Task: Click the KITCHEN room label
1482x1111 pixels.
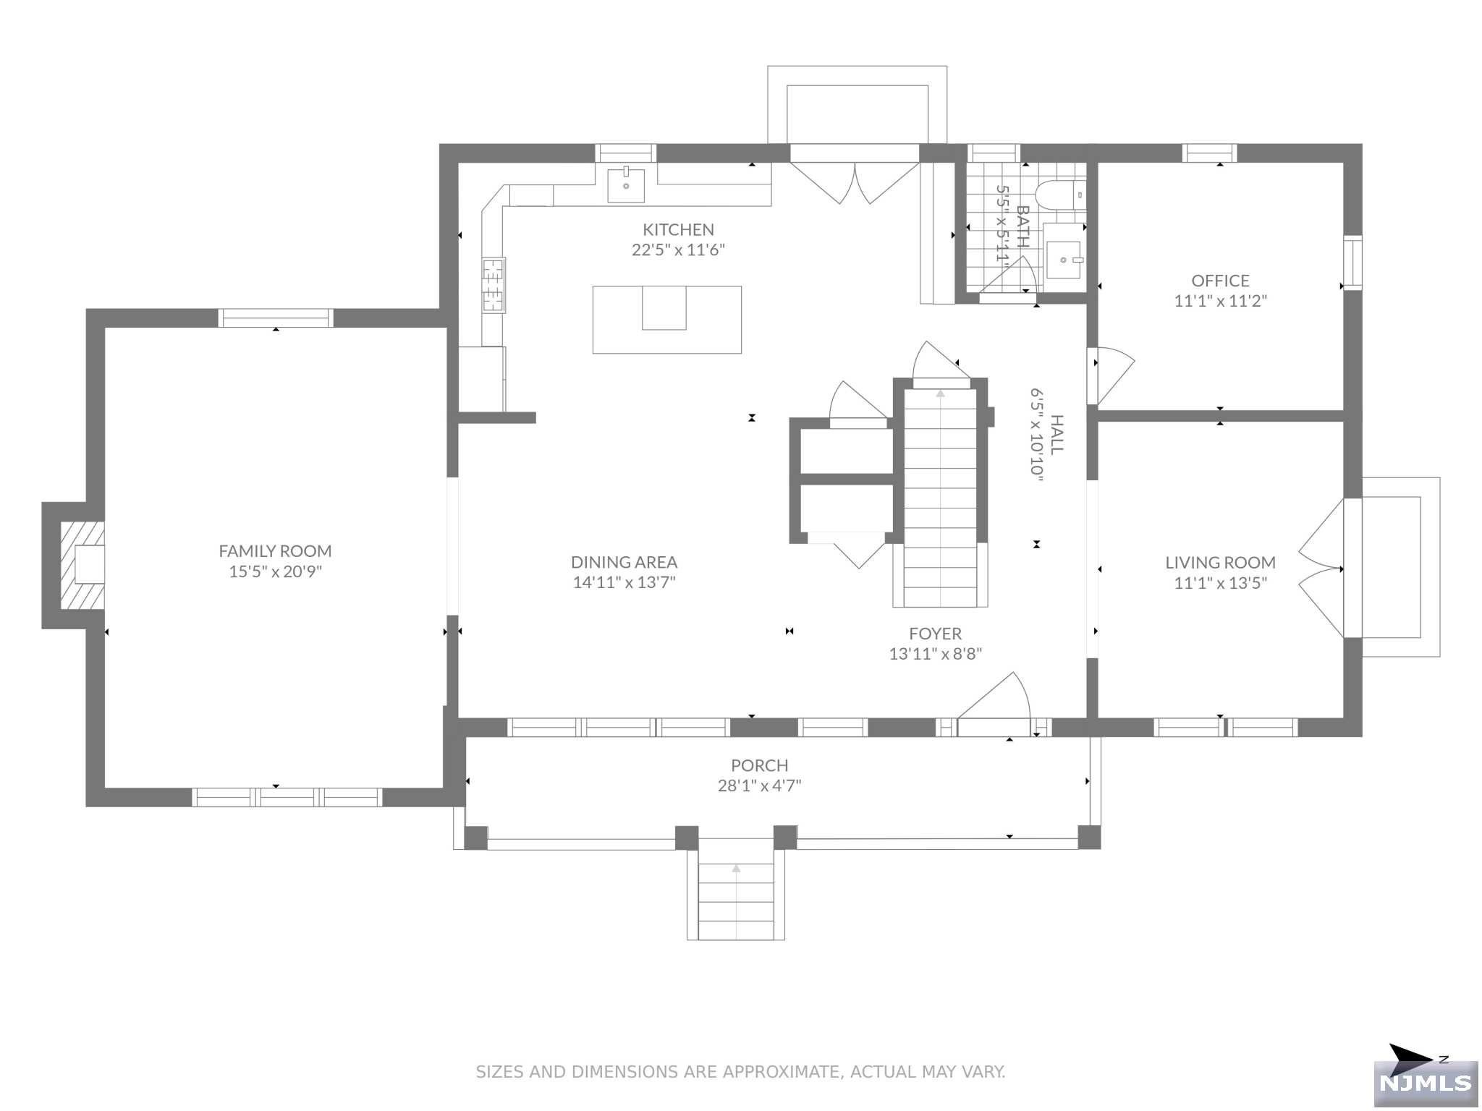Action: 678,230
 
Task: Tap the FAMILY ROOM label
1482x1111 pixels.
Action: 275,551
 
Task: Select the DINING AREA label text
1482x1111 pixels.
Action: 624,562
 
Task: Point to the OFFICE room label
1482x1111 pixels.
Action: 1220,281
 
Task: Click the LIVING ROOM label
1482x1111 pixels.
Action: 1220,563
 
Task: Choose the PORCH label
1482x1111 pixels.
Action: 759,765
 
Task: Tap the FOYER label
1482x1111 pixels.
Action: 935,634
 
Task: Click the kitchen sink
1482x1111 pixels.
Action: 626,184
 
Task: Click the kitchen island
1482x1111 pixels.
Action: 666,320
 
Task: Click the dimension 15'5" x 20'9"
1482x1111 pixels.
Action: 275,571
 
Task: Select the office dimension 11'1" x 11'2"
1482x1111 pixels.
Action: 1220,301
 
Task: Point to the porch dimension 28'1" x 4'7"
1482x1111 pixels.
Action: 759,786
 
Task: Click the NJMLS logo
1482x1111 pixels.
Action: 1426,1083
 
